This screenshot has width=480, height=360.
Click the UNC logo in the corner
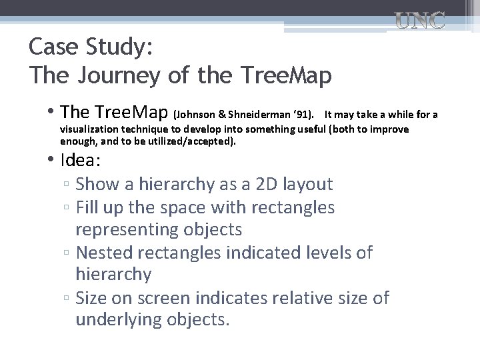(420, 21)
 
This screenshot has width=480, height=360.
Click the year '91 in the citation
(301, 115)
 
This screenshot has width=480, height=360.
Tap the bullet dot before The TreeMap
(51, 111)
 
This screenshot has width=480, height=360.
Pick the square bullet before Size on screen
(67, 299)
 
